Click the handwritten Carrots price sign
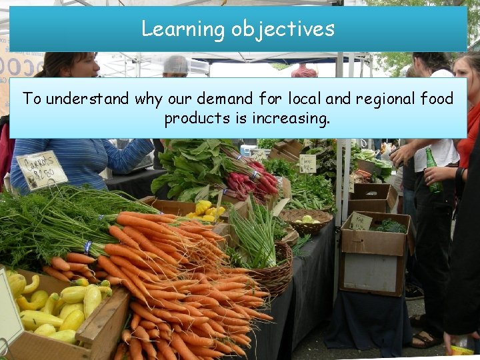click(41, 170)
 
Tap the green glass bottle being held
click(433, 171)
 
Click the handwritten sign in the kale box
click(361, 221)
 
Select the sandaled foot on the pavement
click(423, 340)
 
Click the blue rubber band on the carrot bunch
click(87, 247)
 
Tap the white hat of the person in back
click(176, 64)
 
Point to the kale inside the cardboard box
click(390, 227)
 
